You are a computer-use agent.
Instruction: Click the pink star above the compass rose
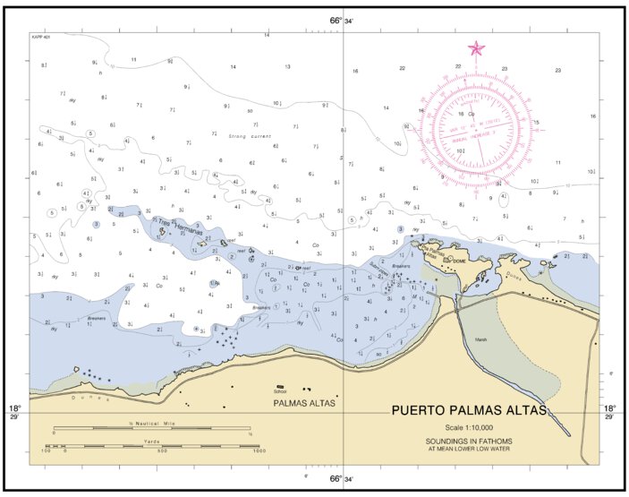(x=476, y=48)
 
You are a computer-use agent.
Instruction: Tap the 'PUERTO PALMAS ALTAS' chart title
(x=469, y=412)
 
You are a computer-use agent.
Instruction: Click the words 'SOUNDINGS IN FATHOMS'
(x=469, y=441)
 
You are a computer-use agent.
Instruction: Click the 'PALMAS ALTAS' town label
(x=304, y=404)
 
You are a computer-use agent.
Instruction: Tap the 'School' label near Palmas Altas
(x=280, y=391)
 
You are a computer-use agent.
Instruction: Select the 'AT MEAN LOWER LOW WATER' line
(x=469, y=449)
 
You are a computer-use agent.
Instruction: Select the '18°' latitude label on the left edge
(x=14, y=407)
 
